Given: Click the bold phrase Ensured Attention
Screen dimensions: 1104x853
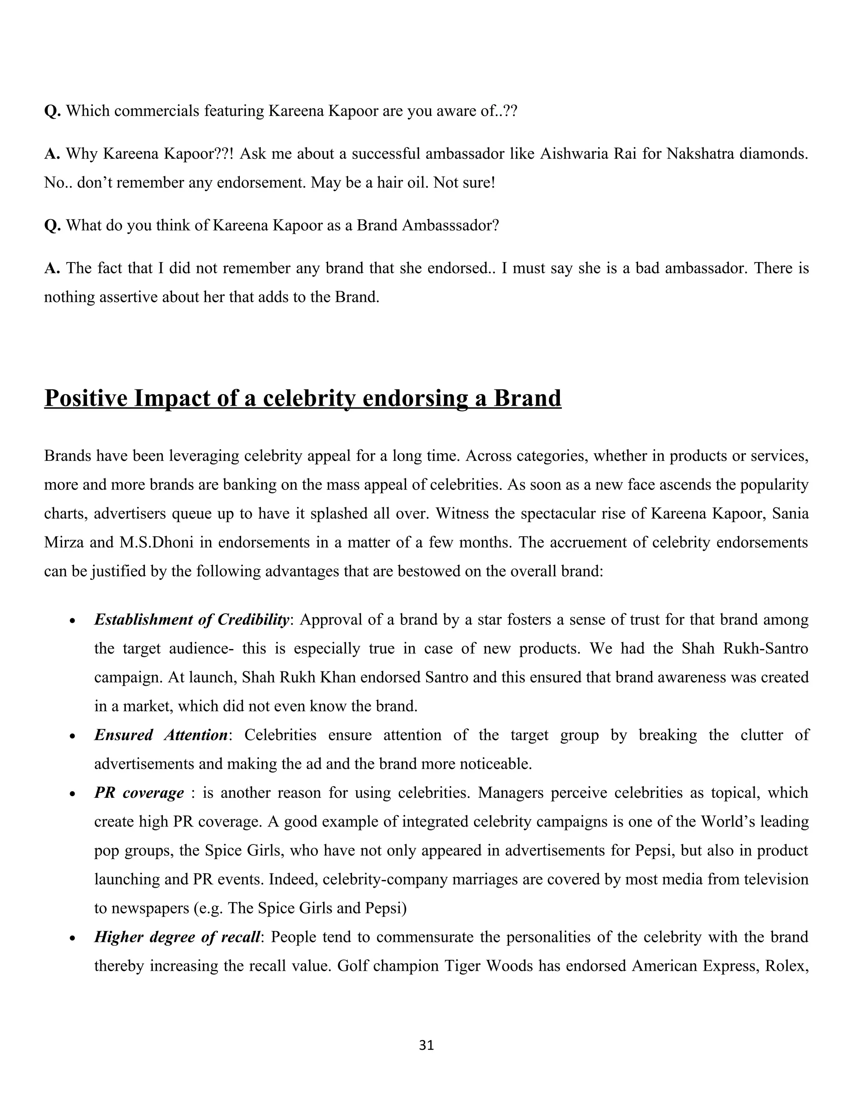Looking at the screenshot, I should pyautogui.click(x=161, y=735).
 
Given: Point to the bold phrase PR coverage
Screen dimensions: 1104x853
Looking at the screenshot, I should pyautogui.click(x=139, y=793).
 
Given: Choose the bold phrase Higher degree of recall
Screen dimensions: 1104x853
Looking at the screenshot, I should pyautogui.click(x=177, y=937).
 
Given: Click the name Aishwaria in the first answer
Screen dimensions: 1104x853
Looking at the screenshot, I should pyautogui.click(x=574, y=154).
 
